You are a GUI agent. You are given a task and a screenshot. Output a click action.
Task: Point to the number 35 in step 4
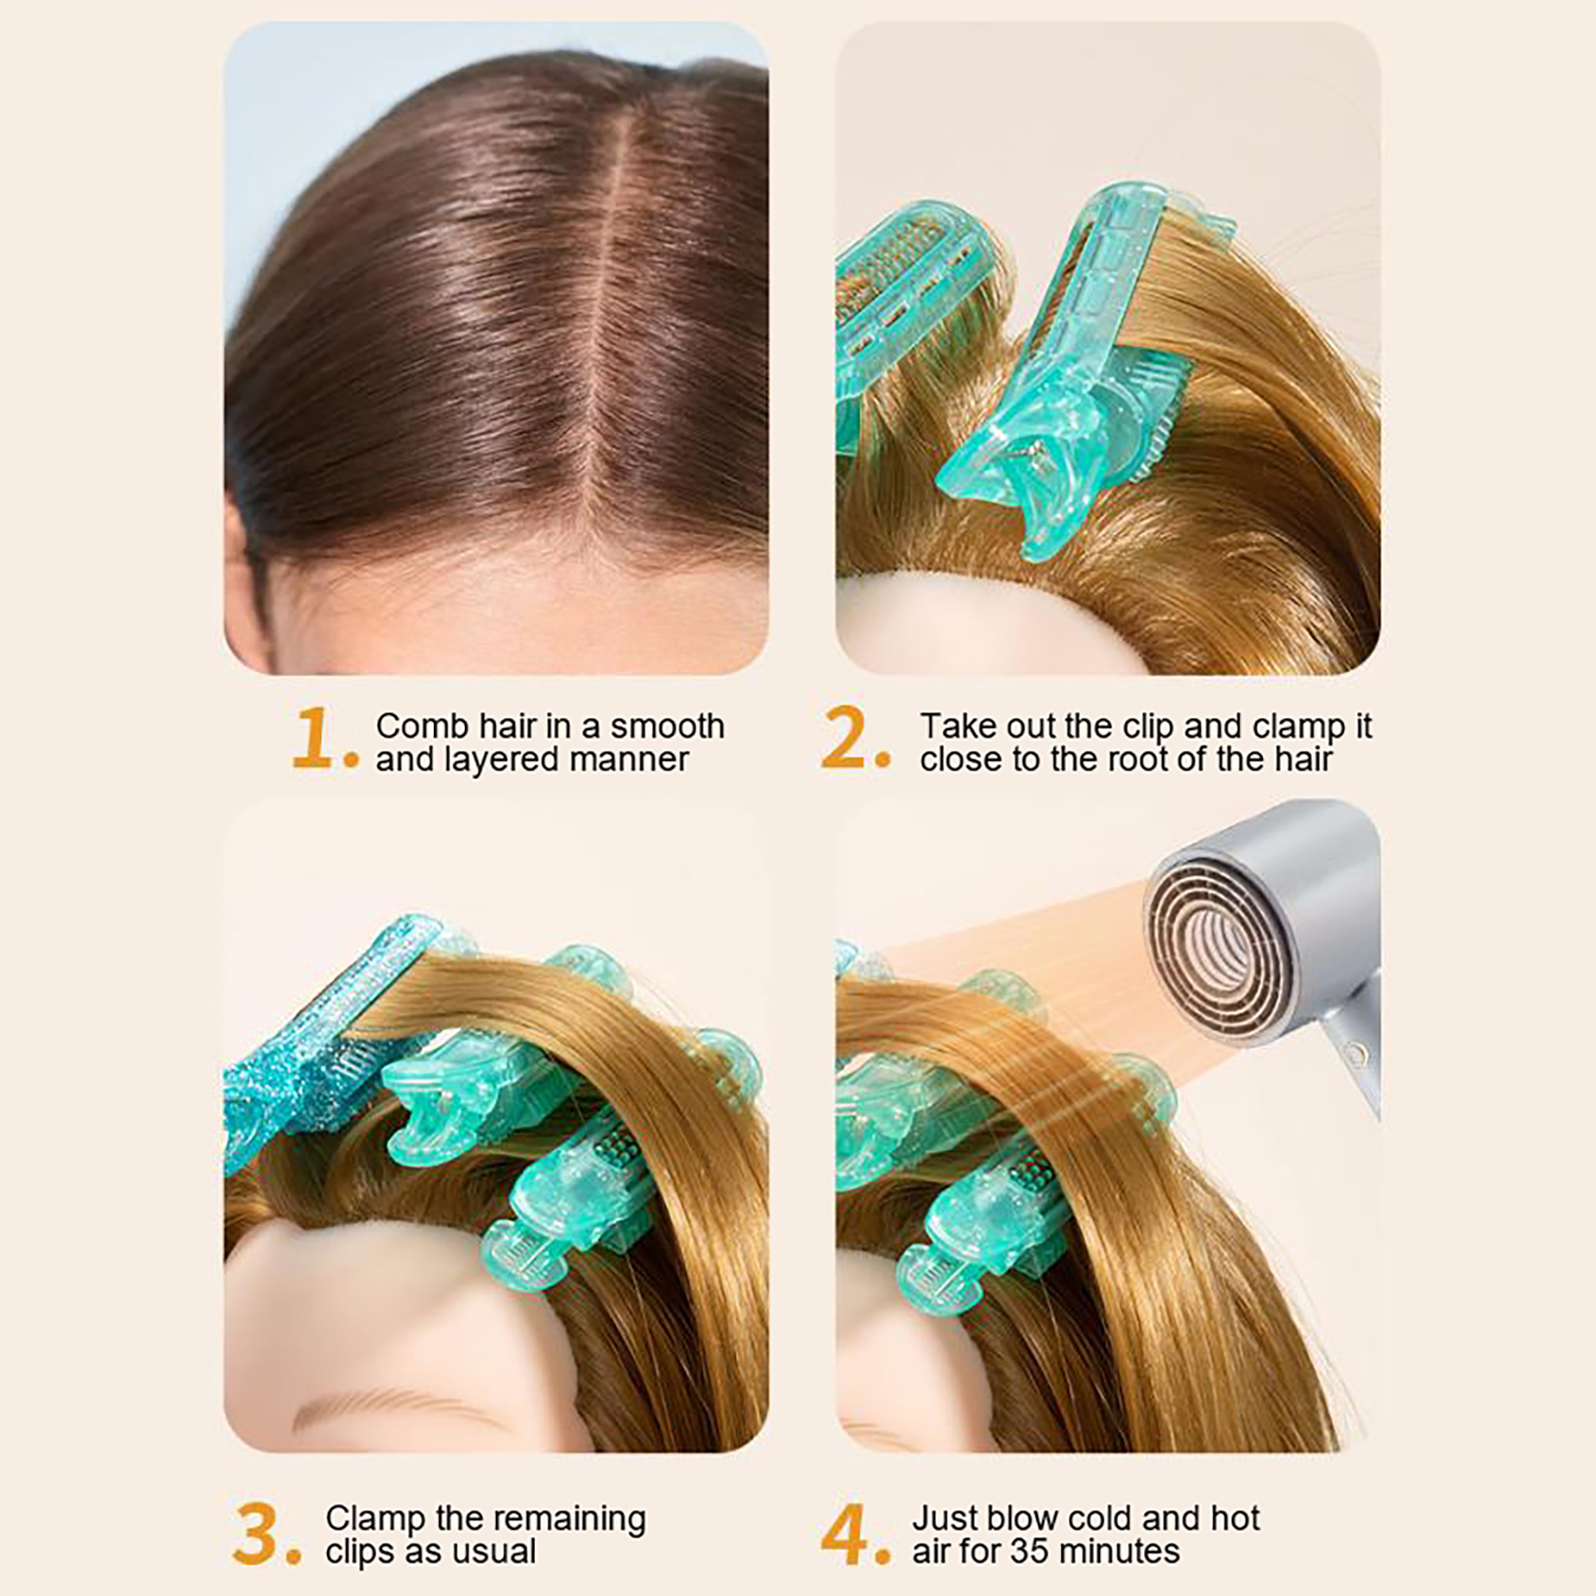point(1029,1551)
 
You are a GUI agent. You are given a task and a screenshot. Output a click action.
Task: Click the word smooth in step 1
point(667,725)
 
